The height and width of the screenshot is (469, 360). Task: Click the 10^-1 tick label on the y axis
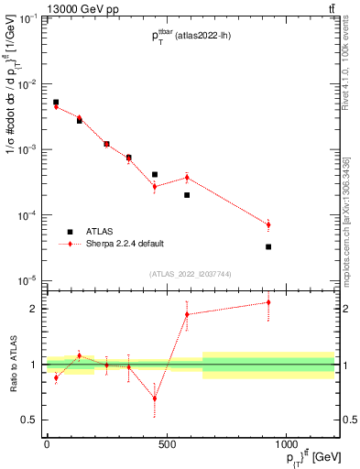tap(27, 18)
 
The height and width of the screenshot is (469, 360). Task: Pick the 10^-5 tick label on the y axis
tap(27, 280)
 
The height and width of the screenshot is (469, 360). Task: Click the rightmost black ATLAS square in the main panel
tap(268, 246)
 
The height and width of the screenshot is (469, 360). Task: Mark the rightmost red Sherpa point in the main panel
tap(268, 224)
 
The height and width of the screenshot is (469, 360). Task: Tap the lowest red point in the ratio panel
tap(154, 398)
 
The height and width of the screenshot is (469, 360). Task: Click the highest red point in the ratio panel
tap(268, 302)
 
